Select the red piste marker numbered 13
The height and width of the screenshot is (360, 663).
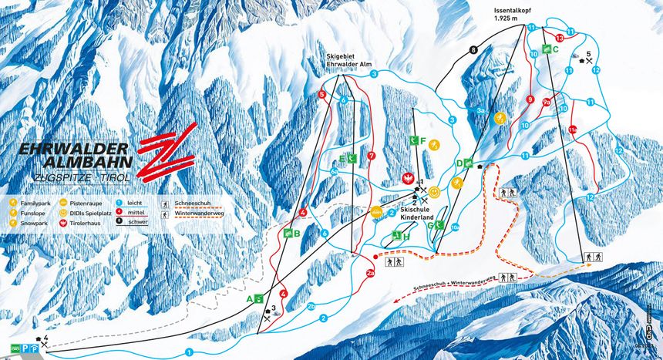click(560, 38)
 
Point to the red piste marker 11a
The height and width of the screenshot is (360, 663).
click(573, 130)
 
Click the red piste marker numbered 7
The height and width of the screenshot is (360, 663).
click(372, 156)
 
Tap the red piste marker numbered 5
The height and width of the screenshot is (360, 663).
click(321, 95)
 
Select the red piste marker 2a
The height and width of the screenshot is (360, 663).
click(370, 272)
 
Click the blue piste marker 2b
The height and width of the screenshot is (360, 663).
click(311, 306)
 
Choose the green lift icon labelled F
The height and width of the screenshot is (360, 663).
click(415, 140)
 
